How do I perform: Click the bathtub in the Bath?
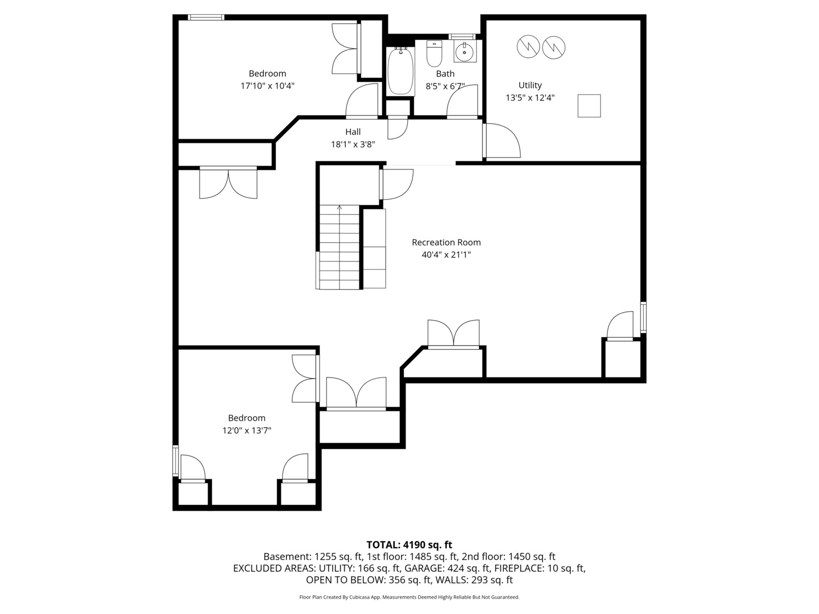click(x=401, y=71)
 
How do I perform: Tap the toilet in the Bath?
click(x=434, y=53)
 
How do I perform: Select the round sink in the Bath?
click(x=465, y=52)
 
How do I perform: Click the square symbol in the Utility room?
click(x=589, y=106)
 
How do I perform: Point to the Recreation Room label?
click(x=446, y=242)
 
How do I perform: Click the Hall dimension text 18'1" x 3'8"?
click(x=353, y=144)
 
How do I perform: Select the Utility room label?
click(x=530, y=85)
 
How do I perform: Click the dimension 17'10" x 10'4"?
click(x=267, y=86)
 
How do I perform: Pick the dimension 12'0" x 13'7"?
click(x=247, y=430)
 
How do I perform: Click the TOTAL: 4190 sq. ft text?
click(x=409, y=545)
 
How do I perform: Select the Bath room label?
click(x=445, y=74)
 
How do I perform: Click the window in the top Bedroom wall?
click(x=206, y=17)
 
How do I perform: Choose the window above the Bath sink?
click(x=462, y=36)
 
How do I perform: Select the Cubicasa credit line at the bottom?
click(x=409, y=597)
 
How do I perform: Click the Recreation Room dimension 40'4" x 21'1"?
click(x=446, y=255)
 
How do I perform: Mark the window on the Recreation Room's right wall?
click(x=643, y=317)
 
